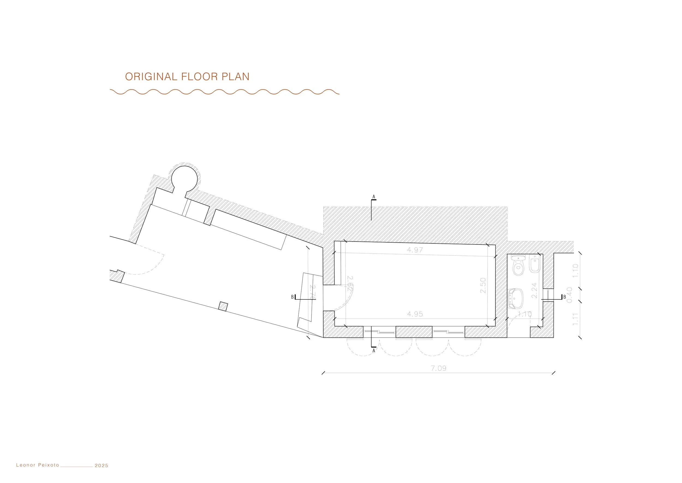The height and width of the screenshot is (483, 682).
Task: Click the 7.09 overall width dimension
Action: [x=438, y=368]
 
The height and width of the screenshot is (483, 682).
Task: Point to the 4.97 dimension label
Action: [x=415, y=250]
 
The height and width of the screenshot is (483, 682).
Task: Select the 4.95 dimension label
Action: [x=415, y=314]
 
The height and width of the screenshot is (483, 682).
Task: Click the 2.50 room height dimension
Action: [x=483, y=285]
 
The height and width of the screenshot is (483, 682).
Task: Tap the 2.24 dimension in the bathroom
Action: [x=534, y=290]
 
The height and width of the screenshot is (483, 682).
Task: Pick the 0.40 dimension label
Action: [x=569, y=295]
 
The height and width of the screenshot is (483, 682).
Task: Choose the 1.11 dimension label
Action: [x=575, y=319]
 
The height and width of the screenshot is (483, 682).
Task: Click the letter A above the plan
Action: [x=374, y=197]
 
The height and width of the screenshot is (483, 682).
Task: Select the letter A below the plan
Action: [x=374, y=351]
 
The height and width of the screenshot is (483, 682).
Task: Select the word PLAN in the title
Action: [x=235, y=77]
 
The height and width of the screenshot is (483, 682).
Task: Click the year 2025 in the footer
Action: [x=101, y=466]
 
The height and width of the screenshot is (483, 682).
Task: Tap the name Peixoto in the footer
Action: [x=48, y=465]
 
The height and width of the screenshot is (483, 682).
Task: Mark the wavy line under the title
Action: [x=224, y=92]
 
